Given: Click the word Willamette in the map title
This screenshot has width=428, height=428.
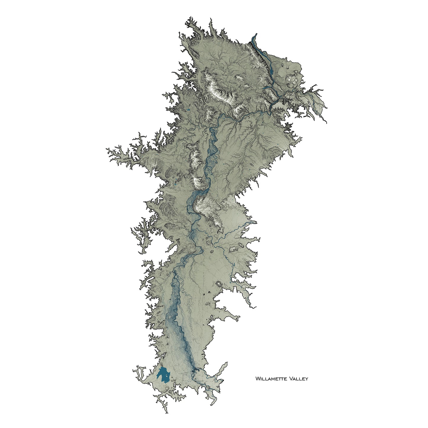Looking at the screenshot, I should pos(272,379).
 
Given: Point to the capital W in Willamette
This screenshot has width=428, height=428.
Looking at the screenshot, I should pos(257,379).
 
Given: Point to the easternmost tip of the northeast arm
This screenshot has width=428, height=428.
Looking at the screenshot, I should pos(327,122).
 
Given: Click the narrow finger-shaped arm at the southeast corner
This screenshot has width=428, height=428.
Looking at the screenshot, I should pos(222,367).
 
